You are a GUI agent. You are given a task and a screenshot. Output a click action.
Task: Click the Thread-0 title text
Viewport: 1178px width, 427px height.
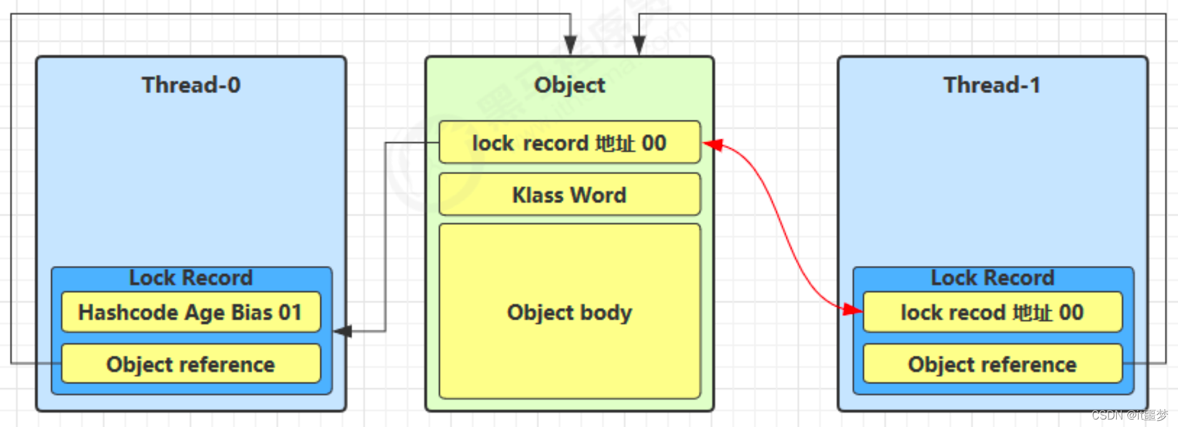(191, 85)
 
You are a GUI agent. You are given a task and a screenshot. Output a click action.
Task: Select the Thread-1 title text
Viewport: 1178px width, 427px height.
(992, 85)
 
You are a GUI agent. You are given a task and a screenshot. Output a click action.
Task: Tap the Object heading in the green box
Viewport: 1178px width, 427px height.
(570, 85)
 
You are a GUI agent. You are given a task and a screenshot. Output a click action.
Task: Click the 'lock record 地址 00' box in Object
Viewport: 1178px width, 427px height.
(570, 143)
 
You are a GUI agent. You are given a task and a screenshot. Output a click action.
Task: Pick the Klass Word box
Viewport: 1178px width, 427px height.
(570, 195)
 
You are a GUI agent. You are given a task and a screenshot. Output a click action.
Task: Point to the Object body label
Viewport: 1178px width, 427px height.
(570, 312)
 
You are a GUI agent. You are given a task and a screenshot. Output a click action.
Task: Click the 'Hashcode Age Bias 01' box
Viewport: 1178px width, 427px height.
(191, 312)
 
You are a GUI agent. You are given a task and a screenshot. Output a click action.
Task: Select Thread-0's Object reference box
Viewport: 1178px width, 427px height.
(191, 364)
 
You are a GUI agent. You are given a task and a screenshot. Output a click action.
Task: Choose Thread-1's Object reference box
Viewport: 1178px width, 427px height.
(992, 364)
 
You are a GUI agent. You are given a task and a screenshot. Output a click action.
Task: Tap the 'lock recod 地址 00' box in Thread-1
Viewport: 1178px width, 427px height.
(992, 312)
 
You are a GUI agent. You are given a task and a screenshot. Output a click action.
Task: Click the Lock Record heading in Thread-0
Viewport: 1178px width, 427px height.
(191, 278)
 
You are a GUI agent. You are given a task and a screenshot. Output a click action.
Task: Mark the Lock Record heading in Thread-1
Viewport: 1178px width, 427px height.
(992, 278)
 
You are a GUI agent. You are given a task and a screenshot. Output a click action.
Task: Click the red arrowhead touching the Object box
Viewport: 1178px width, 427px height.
(713, 145)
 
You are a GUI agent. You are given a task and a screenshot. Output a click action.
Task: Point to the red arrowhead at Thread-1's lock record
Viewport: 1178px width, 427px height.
(853, 309)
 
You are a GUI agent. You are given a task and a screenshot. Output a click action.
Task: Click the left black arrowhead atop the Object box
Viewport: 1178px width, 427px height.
(570, 45)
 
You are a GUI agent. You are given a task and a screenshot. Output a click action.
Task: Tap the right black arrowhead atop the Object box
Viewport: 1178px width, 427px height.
(639, 45)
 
